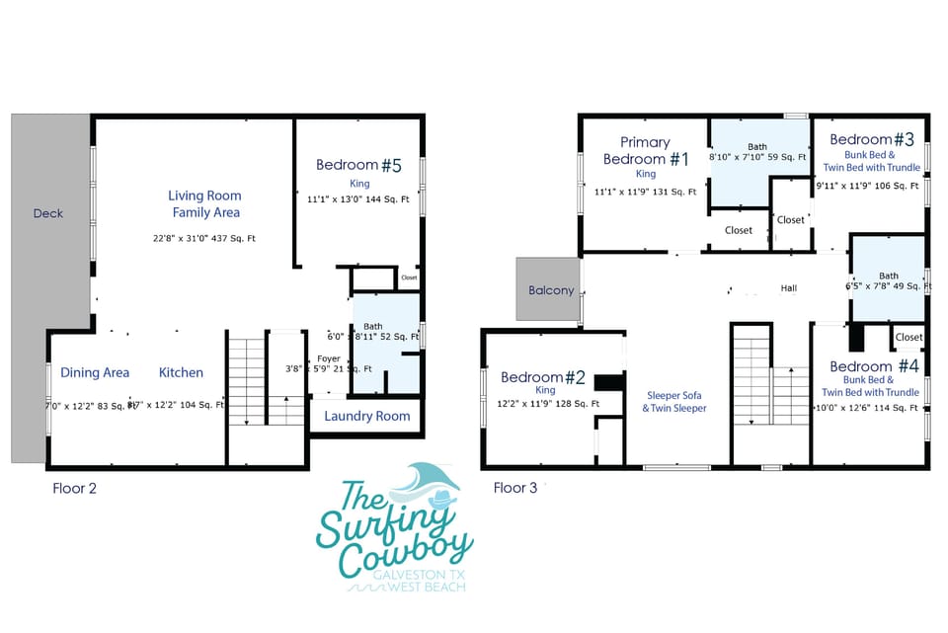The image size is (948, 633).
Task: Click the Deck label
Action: coord(48,213)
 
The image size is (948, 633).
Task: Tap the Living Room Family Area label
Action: coord(204,203)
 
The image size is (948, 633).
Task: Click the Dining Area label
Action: coord(95,372)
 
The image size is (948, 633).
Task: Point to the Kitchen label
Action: coord(182,372)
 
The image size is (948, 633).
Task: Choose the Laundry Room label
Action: coord(367,416)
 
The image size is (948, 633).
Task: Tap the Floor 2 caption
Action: coord(74,488)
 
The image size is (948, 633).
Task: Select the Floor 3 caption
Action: coord(515,488)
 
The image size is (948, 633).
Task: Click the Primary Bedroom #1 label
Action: coord(646,151)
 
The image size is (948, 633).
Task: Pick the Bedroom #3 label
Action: coord(872,139)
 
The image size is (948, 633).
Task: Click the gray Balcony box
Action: coord(550,290)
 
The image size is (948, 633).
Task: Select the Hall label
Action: coord(788,289)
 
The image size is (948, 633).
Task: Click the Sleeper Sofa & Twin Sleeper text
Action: coord(674,402)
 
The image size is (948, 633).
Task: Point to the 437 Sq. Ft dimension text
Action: coord(204,238)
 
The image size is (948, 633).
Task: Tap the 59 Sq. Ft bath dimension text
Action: coord(757,157)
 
